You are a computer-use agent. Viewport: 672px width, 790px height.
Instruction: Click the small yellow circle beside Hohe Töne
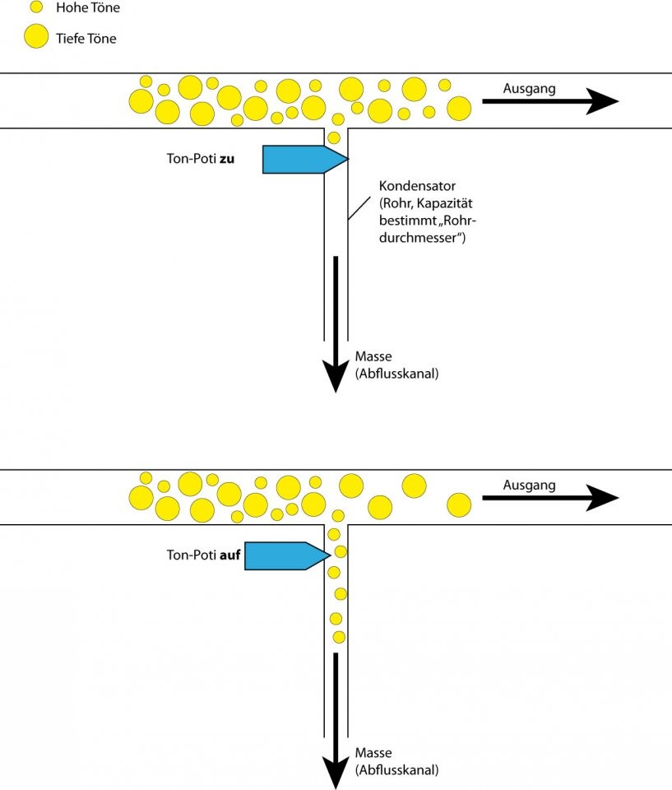(35, 7)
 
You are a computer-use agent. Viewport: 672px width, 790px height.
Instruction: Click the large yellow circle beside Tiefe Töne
(35, 36)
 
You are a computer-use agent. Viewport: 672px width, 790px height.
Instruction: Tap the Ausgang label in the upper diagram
(530, 88)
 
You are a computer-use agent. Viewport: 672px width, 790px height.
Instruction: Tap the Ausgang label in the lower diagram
(530, 485)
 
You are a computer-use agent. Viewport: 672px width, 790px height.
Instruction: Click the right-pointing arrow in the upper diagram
(549, 102)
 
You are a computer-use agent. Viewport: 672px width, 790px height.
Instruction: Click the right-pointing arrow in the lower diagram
(549, 498)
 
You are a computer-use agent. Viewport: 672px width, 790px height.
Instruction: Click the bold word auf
(230, 555)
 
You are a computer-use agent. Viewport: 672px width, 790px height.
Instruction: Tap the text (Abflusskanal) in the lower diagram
(396, 771)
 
